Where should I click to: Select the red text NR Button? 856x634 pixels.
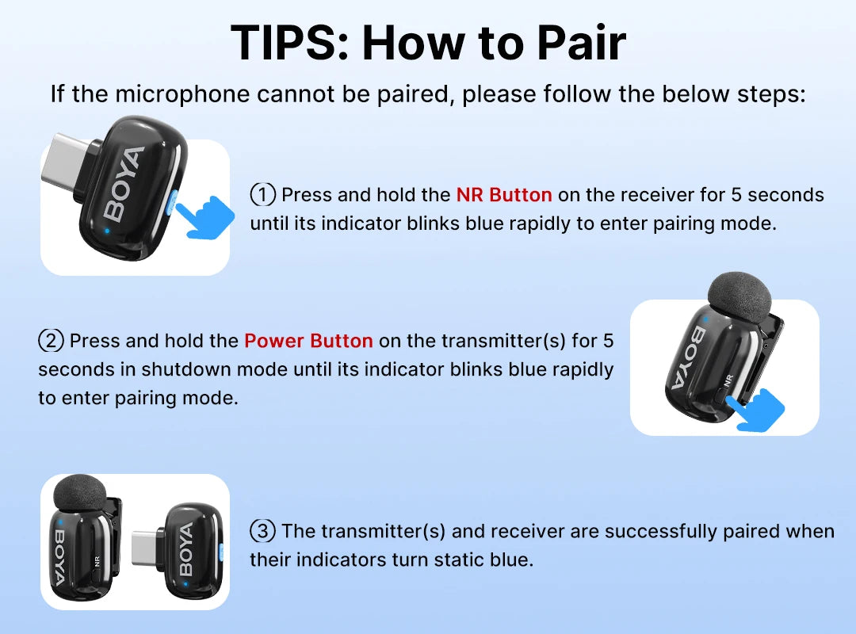504,195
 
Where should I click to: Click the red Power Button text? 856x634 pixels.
308,341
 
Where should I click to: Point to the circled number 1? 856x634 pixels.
262,195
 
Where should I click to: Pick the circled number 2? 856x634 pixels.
51,341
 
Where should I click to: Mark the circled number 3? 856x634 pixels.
262,530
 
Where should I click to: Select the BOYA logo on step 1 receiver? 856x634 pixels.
124,184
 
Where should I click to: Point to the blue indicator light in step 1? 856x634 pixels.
107,232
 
